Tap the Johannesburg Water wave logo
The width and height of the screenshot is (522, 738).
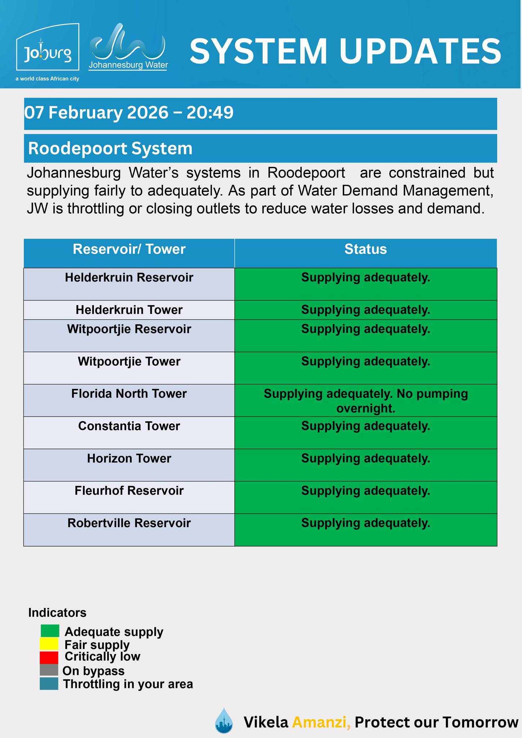pyautogui.click(x=128, y=47)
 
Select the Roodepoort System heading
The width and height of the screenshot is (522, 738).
pyautogui.click(x=110, y=148)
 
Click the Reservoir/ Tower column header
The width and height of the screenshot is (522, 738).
pyautogui.click(x=129, y=249)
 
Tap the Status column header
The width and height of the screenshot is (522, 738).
pyautogui.click(x=366, y=249)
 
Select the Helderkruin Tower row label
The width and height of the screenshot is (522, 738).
pyautogui.click(x=129, y=310)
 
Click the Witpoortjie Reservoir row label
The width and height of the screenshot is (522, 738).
pyautogui.click(x=129, y=329)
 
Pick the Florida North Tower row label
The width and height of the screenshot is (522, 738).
pyautogui.click(x=129, y=394)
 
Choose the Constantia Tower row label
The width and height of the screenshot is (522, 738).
pyautogui.click(x=129, y=426)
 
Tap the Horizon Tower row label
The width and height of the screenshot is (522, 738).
pyautogui.click(x=129, y=459)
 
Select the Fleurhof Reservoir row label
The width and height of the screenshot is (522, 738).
pyautogui.click(x=129, y=491)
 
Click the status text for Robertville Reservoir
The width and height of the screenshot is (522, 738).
pyautogui.click(x=366, y=523)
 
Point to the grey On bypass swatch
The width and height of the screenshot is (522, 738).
pyautogui.click(x=49, y=670)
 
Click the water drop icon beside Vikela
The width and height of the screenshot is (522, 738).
pyautogui.click(x=224, y=721)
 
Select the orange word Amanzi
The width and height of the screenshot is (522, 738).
pyautogui.click(x=321, y=722)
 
